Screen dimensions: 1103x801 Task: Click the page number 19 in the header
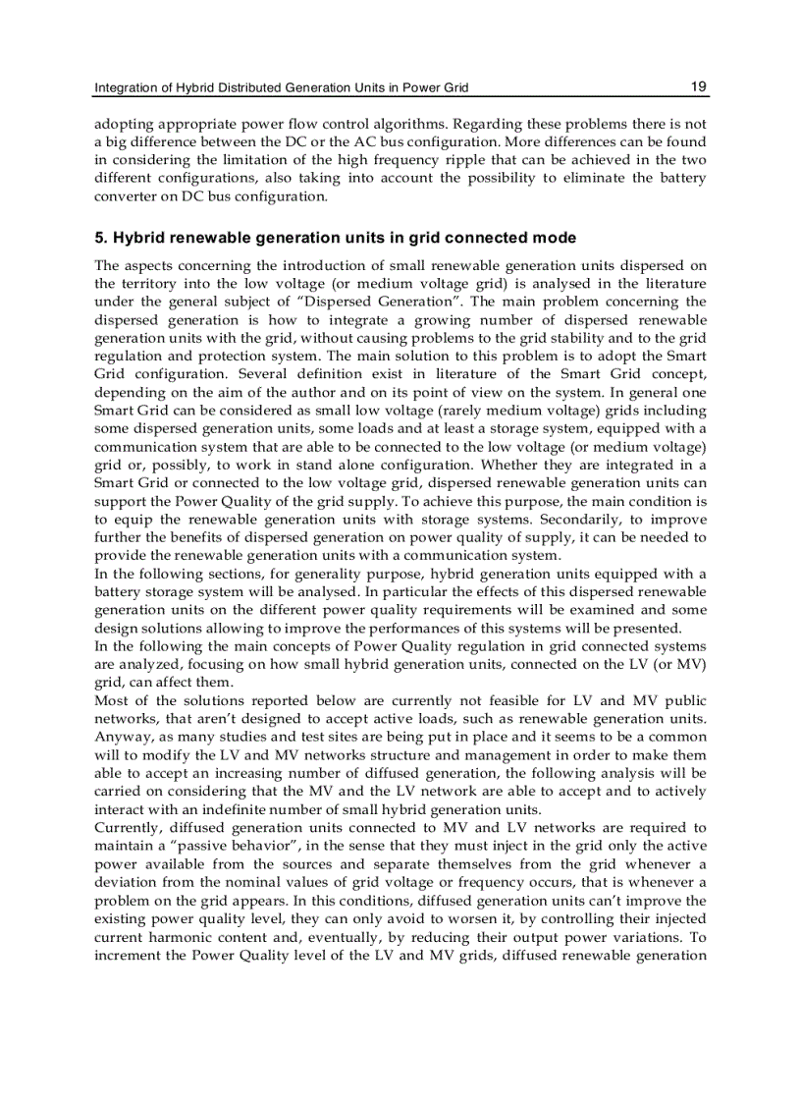point(698,86)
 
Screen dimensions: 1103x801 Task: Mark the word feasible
point(539,700)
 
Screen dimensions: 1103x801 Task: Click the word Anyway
point(120,737)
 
